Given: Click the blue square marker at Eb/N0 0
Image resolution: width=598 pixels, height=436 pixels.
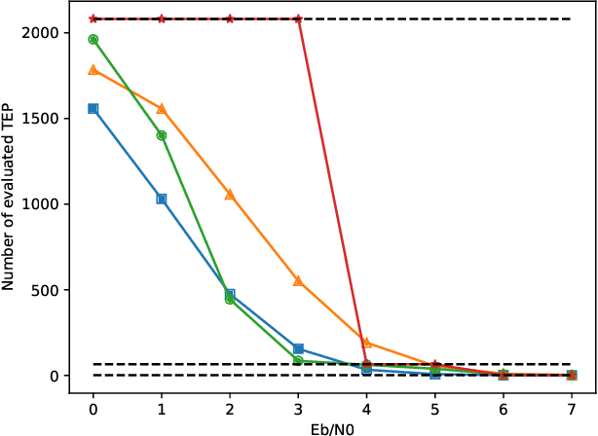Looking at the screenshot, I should (93, 108).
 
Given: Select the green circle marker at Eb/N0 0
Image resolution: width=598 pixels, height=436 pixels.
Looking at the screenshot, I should (93, 39).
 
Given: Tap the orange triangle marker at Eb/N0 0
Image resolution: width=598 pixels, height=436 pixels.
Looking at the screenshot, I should (93, 69).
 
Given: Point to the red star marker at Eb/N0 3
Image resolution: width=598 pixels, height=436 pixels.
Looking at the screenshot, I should (298, 18).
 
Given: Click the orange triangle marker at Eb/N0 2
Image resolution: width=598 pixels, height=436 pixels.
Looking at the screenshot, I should (230, 194).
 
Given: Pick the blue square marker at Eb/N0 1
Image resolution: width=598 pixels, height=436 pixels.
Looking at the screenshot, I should (162, 199).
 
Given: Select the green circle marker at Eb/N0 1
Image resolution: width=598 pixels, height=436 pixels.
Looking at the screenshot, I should (162, 135).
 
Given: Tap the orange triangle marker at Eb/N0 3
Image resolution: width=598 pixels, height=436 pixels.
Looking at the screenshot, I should (298, 280).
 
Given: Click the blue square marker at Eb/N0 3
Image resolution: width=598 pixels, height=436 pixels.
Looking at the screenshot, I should (298, 348).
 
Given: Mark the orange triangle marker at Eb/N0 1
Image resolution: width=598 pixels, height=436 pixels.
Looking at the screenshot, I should (162, 108).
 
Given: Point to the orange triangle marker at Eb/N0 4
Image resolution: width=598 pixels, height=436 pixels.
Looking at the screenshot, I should (366, 342).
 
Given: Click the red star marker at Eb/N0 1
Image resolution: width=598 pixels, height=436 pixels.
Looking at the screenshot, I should (162, 18).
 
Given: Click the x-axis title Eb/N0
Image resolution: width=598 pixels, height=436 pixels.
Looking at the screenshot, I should (332, 425).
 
